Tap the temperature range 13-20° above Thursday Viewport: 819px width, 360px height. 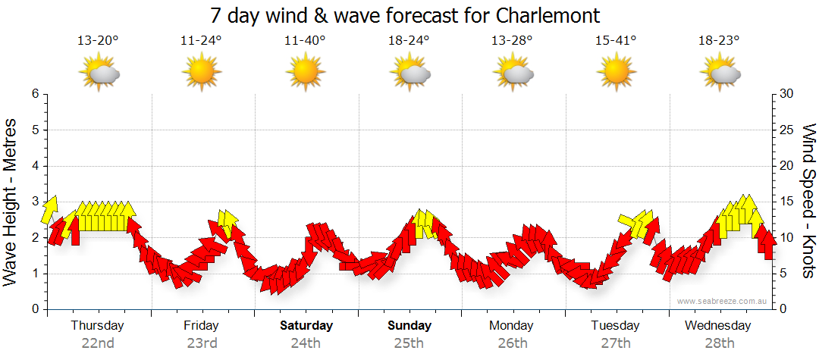tap(98, 40)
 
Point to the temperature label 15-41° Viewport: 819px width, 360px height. tap(616, 40)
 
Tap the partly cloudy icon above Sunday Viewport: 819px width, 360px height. tap(410, 73)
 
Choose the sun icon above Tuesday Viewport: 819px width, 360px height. tap(616, 73)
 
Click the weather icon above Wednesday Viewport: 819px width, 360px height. tap(720, 73)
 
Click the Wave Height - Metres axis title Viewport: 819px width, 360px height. tap(11, 202)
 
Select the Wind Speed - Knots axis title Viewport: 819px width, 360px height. tap(808, 202)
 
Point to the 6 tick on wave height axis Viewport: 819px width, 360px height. tap(35, 94)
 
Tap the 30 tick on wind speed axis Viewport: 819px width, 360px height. tap(788, 94)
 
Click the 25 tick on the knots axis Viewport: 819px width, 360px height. tap(788, 130)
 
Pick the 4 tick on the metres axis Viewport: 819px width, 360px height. tap(35, 166)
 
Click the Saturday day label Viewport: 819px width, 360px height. tap(306, 326)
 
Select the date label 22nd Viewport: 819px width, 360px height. tap(98, 343)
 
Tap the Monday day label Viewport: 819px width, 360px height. tap(513, 326)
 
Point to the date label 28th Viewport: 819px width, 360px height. tap(720, 343)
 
